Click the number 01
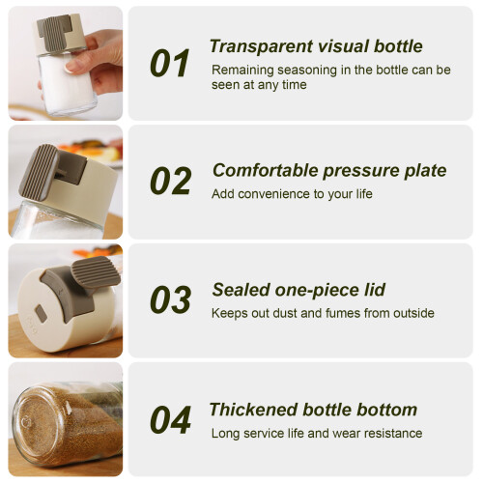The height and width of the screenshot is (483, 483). coord(170,63)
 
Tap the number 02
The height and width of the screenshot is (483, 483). coord(171,181)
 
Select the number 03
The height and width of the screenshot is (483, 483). coord(171,299)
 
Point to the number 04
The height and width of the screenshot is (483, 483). coord(171,419)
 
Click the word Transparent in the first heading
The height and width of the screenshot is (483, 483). coord(261,46)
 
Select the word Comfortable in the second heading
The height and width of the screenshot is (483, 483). coord(266,170)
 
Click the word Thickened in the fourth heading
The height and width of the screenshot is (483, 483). coord(254,410)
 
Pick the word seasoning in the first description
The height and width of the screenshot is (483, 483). coord(307,71)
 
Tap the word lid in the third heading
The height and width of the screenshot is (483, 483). coord(375,290)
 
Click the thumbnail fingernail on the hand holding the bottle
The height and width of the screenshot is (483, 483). coord(71,67)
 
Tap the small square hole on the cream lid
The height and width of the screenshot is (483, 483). coord(41,314)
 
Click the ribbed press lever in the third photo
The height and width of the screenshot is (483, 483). coord(96,271)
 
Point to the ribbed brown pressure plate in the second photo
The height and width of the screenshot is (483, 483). coord(39,171)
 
